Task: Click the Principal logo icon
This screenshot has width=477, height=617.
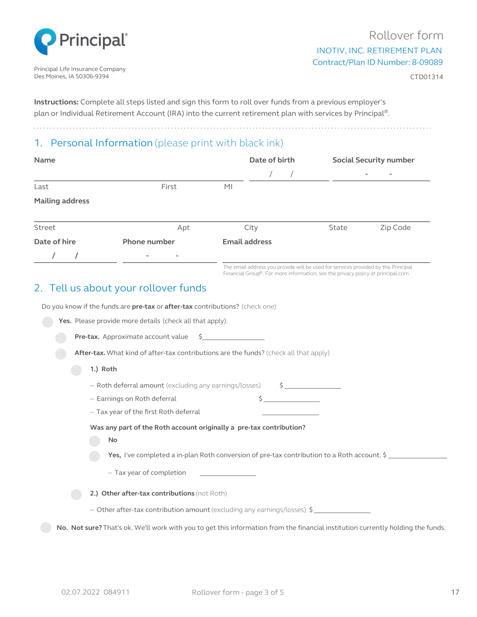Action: [x=45, y=41]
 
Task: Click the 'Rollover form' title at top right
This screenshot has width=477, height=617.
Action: [x=406, y=36]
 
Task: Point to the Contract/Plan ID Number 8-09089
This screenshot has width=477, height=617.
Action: [x=377, y=62]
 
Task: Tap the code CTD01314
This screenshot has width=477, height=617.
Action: [x=426, y=77]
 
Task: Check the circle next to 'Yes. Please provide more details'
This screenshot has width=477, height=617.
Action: [x=48, y=322]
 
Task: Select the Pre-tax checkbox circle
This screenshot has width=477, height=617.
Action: [x=61, y=338]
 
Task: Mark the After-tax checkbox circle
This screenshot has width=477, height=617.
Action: [x=61, y=354]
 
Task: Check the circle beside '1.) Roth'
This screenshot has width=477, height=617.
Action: [x=76, y=370]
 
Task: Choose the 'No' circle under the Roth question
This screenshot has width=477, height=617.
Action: [x=95, y=441]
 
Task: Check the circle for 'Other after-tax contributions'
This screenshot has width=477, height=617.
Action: [x=76, y=494]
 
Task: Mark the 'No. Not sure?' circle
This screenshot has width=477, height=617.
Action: [x=46, y=528]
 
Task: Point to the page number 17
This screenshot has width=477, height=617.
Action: [x=455, y=592]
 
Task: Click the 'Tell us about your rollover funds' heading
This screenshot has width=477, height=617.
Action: [x=128, y=288]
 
